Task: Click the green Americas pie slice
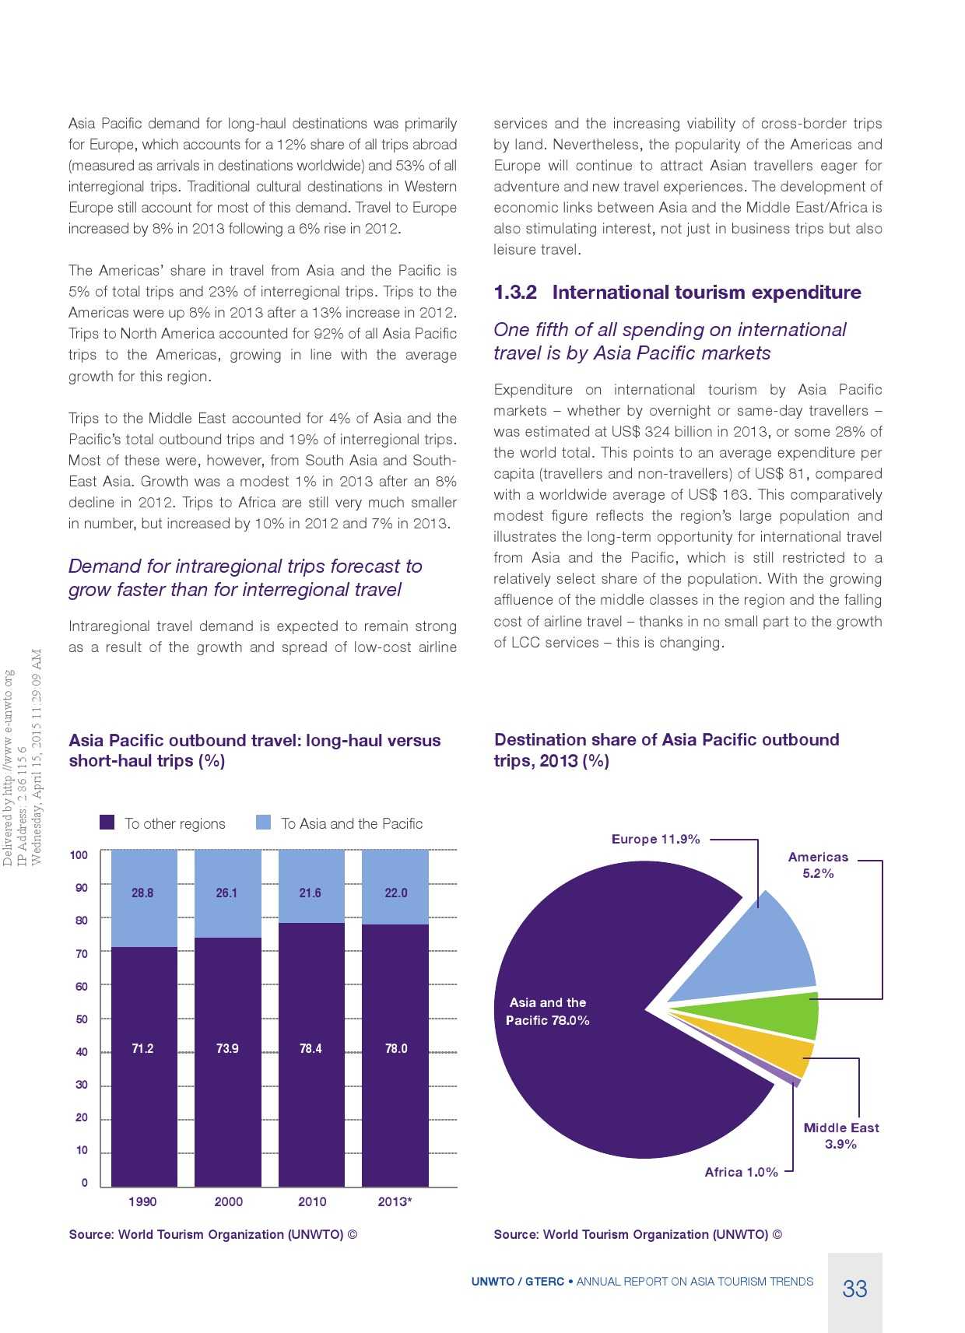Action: [778, 1016]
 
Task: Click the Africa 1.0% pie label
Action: [741, 1172]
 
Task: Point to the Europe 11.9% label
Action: [655, 839]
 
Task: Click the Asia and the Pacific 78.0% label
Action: [548, 1012]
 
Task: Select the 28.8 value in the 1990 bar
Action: [142, 893]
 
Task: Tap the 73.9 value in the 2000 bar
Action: [227, 1048]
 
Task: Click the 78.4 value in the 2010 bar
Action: [311, 1048]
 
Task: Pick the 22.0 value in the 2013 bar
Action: [395, 893]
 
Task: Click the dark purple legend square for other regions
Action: [107, 823]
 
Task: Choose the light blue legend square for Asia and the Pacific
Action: [264, 823]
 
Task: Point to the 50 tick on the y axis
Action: [82, 1019]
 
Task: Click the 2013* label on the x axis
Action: [395, 1201]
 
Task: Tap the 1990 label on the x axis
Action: [142, 1201]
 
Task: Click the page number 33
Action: [854, 1289]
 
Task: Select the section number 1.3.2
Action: [515, 293]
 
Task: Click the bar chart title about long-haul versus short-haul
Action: [254, 750]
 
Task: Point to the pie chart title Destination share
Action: [666, 749]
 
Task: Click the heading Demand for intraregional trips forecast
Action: [245, 577]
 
